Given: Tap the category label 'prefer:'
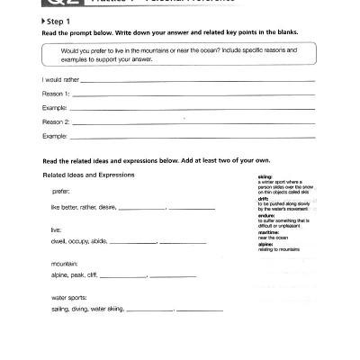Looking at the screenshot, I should [x=61, y=192].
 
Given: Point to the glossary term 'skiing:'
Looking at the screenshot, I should [x=265, y=176].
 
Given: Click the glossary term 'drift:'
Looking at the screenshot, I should [x=262, y=198].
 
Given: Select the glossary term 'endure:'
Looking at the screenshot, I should [x=265, y=215].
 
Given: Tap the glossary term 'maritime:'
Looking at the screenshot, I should [x=267, y=232].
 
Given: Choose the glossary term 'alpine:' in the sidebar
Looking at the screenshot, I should [x=265, y=243].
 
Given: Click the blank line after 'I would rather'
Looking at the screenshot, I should [x=198, y=82].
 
